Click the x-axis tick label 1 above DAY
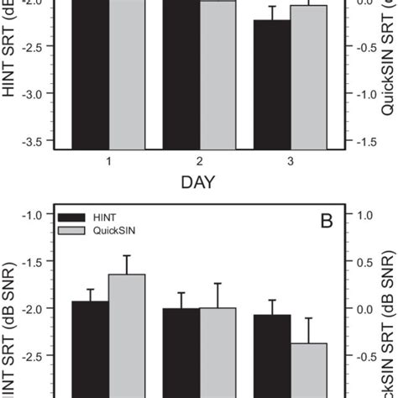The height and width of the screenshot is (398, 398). coord(109,160)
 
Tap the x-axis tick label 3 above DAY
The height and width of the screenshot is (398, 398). coord(290,160)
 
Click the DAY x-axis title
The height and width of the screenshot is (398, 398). coord(199,181)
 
